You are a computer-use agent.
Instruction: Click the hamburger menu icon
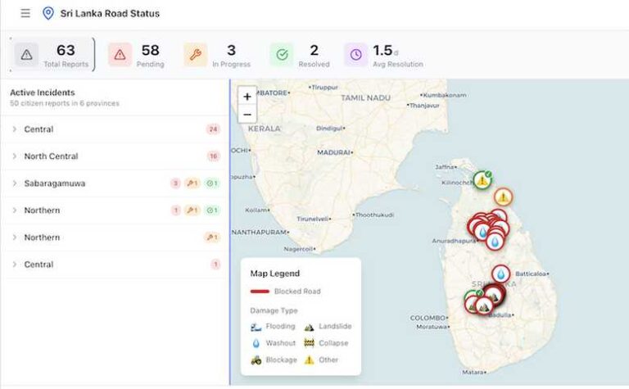pos(25,13)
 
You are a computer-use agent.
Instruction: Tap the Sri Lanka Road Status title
pos(110,13)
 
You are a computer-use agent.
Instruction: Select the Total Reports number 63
pos(66,51)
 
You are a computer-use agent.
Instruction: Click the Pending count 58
pos(150,51)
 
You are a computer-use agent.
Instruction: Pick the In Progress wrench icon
pos(195,55)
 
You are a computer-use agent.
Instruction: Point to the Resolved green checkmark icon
pos(281,55)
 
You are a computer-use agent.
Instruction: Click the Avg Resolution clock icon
pos(355,55)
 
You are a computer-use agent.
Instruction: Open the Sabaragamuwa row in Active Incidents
pos(54,183)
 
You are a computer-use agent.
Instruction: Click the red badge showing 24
pos(214,129)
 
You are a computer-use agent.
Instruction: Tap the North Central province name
pos(51,156)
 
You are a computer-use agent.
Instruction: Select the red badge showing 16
pos(214,156)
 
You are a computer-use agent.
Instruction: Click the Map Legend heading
pos(274,274)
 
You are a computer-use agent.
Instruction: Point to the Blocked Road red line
pos(260,292)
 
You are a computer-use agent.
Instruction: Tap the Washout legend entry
pos(280,343)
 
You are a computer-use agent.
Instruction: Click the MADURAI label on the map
pos(333,152)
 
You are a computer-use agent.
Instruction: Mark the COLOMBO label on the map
pos(427,318)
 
